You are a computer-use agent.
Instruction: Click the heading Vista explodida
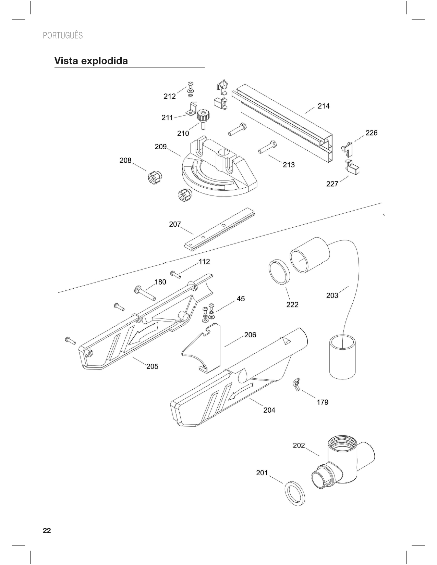pos(91,61)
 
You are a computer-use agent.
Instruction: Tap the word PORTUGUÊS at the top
pos(63,36)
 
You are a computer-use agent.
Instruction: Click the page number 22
pos(47,531)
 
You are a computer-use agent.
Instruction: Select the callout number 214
pos(323,106)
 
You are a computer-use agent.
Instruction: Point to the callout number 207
pos(175,224)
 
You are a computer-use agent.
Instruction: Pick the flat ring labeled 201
pos(295,493)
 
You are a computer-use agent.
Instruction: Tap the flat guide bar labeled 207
pos(219,229)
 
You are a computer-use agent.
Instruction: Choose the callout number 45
pos(241,299)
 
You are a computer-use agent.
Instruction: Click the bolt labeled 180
pos(145,293)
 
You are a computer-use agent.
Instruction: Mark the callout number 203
pos(332,296)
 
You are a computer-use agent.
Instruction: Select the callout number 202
pos(299,445)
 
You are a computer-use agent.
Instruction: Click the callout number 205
pos(152,366)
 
